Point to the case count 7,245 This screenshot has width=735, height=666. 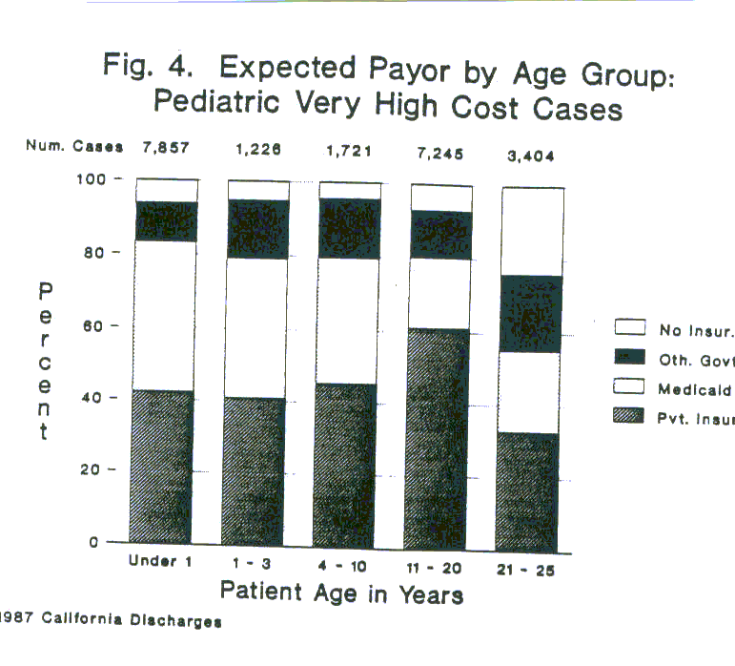(439, 151)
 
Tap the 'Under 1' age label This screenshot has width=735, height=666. (161, 561)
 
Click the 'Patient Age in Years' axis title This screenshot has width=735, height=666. (341, 593)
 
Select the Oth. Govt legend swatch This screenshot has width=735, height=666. (632, 360)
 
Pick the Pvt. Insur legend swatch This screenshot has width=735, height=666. (632, 418)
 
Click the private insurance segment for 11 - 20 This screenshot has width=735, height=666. (440, 439)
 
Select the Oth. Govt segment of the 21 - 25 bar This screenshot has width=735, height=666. (532, 314)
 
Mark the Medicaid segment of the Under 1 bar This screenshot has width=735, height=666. (165, 315)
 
